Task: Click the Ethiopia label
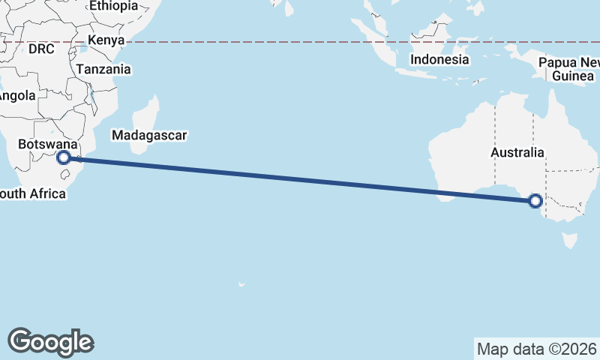click(113, 6)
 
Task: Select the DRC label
click(42, 49)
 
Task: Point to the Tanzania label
click(102, 70)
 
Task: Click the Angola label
click(16, 96)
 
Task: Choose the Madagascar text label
click(148, 136)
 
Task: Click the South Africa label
click(33, 194)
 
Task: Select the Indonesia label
click(440, 59)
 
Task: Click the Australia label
click(517, 152)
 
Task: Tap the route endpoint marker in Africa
click(64, 157)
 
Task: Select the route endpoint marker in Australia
click(535, 200)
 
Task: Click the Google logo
click(50, 341)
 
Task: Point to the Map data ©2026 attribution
click(537, 349)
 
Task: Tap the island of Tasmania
click(571, 240)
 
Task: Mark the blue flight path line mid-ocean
click(300, 178)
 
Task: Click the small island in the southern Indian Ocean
click(241, 284)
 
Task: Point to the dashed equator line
click(300, 42)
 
